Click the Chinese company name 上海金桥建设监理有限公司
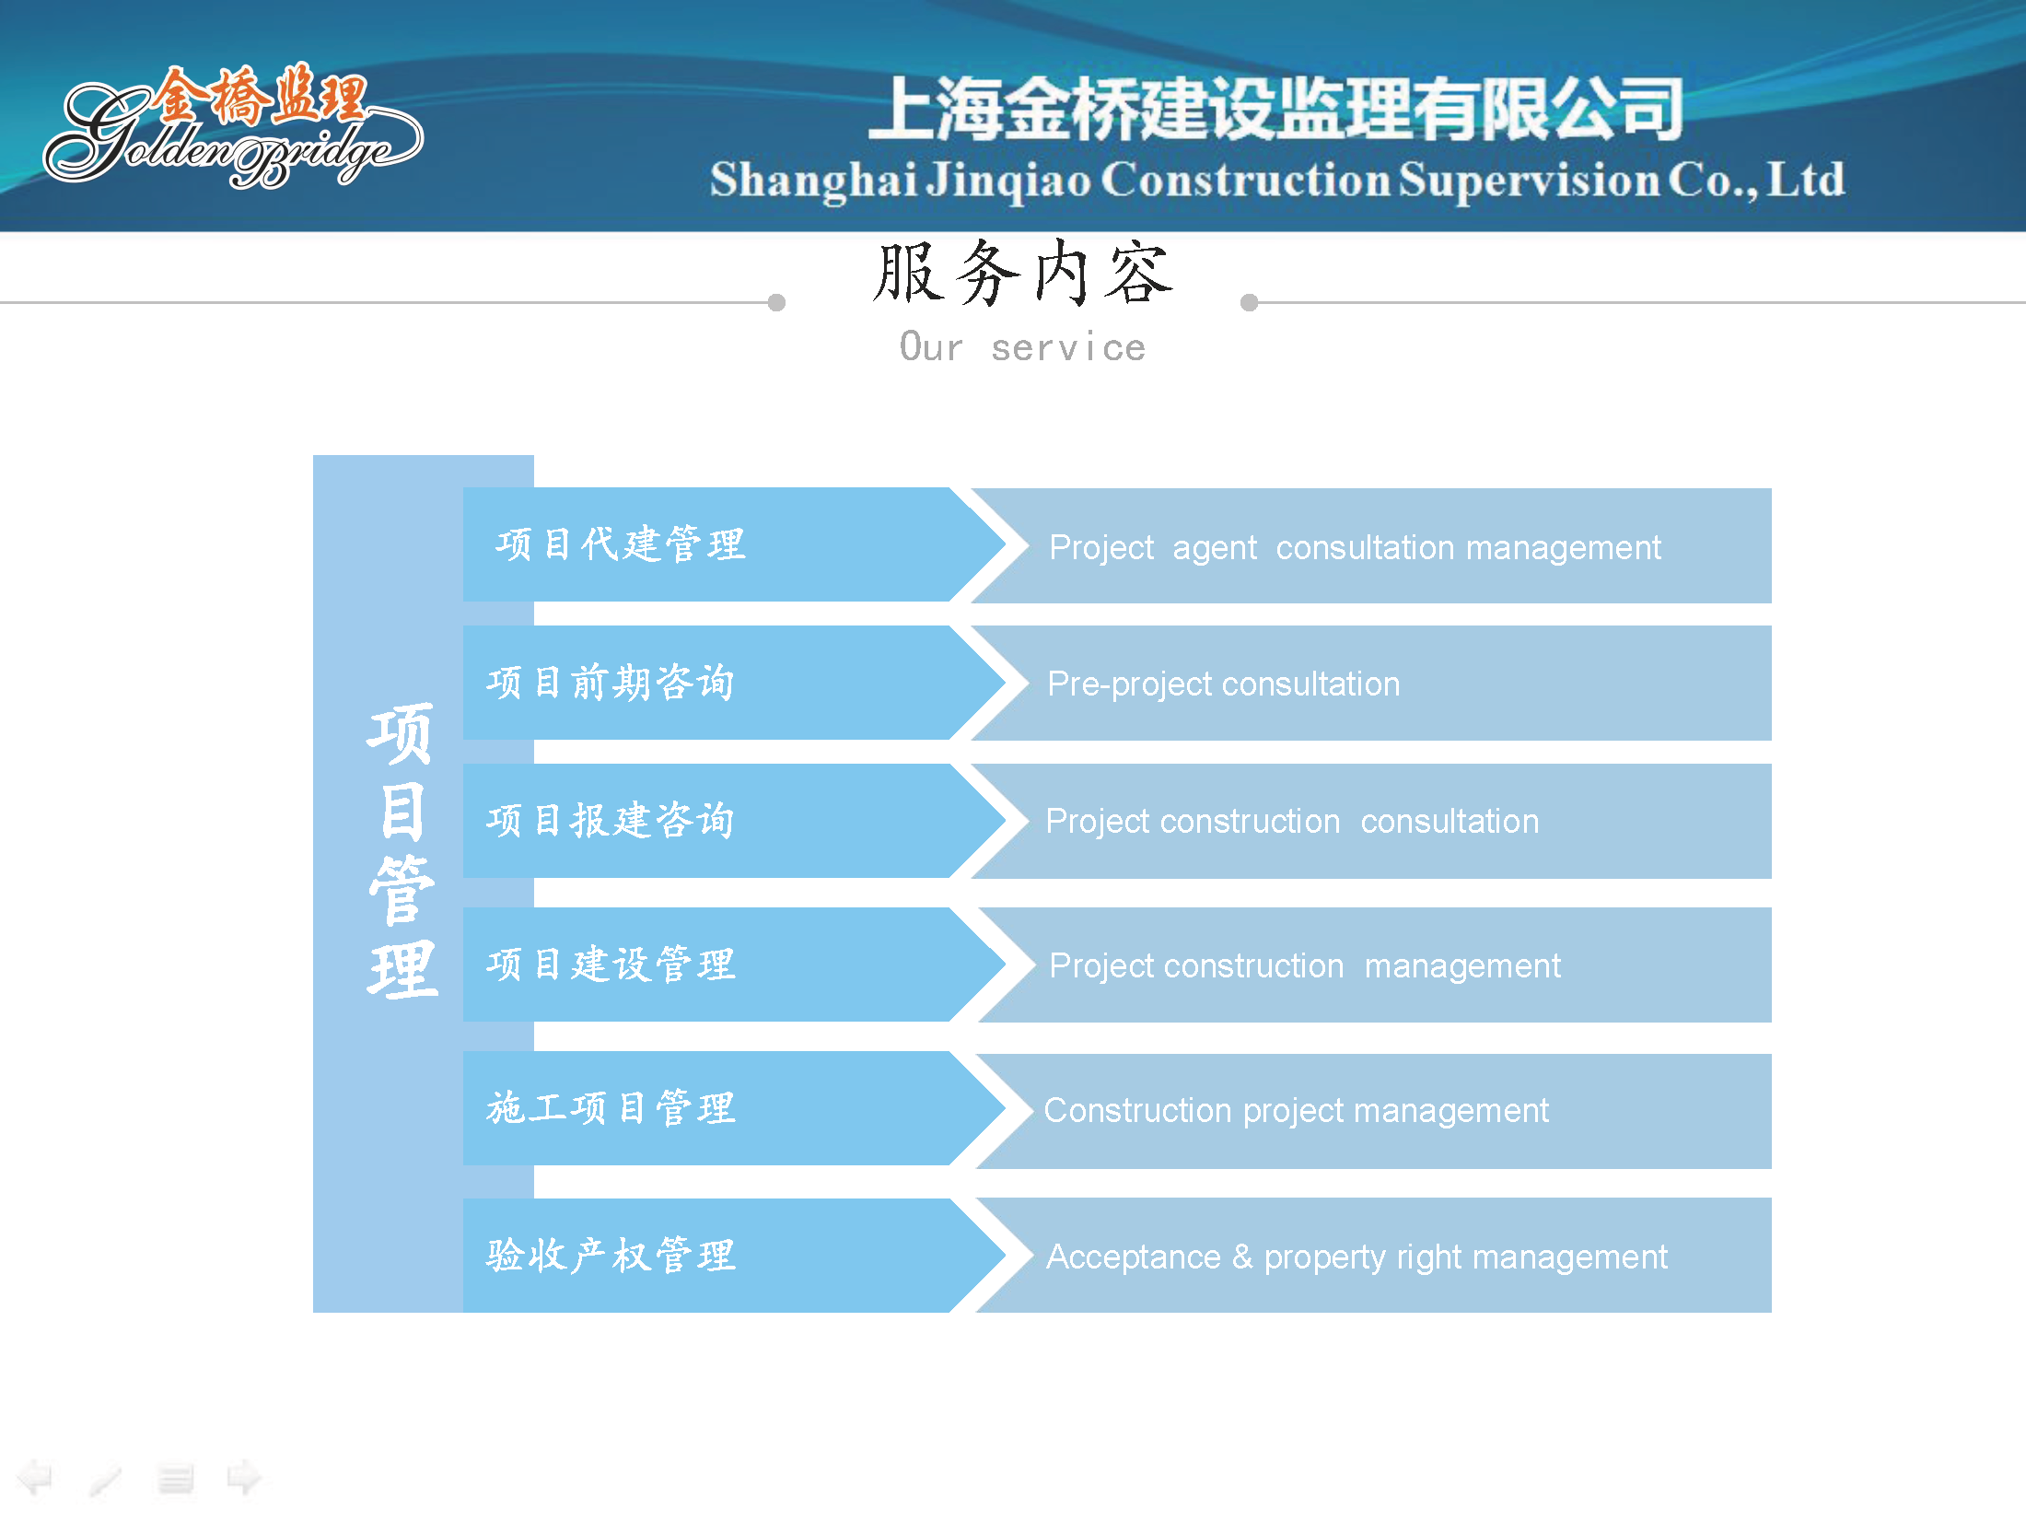tap(1276, 109)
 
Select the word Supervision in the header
tap(1530, 180)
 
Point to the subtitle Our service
tap(1022, 347)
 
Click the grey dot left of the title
tap(776, 302)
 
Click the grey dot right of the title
tap(1249, 302)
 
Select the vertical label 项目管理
tap(402, 852)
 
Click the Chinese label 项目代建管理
tap(620, 544)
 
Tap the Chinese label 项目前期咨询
tap(611, 683)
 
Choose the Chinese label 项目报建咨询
tap(611, 820)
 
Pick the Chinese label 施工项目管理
tap(611, 1107)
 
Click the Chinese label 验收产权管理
tap(611, 1255)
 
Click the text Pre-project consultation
tap(1223, 684)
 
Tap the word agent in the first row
tap(1214, 549)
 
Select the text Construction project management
tap(1296, 1111)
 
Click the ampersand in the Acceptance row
tap(1242, 1257)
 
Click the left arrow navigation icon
tap(35, 1478)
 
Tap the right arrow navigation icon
tap(244, 1478)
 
